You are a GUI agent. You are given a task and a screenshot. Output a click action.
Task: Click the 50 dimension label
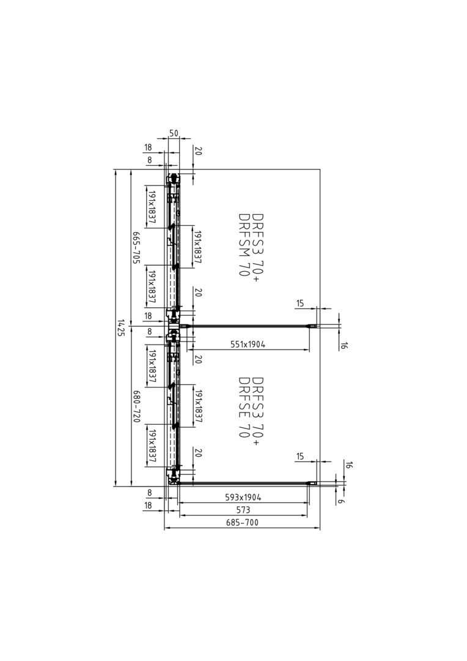174,133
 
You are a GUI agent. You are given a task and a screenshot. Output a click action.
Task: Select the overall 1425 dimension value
121,328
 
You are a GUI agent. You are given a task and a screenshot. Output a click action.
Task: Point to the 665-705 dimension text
136,247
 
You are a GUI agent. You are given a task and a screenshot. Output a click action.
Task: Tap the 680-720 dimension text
136,407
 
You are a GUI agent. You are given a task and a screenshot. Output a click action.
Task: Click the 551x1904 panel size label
248,345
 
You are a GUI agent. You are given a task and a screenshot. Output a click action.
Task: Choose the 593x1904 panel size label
243,498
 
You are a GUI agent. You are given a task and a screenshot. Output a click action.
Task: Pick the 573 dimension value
243,510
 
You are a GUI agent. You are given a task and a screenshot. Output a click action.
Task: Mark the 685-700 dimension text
242,523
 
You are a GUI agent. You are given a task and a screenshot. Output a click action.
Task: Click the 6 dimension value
341,501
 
